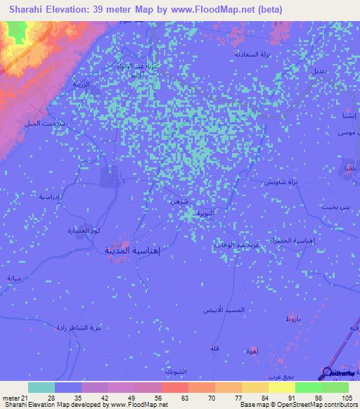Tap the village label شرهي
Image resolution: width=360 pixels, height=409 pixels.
tap(179, 200)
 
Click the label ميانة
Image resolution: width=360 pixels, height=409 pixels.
tap(14, 278)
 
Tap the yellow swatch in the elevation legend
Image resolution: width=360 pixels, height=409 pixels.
tap(281, 387)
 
